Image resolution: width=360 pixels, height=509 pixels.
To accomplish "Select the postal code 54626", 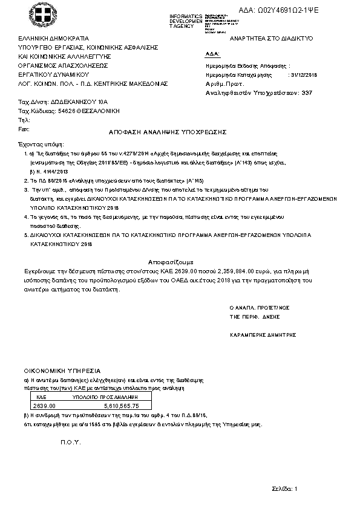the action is (58, 112).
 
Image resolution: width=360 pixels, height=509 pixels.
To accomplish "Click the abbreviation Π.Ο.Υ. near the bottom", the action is (70, 443).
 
